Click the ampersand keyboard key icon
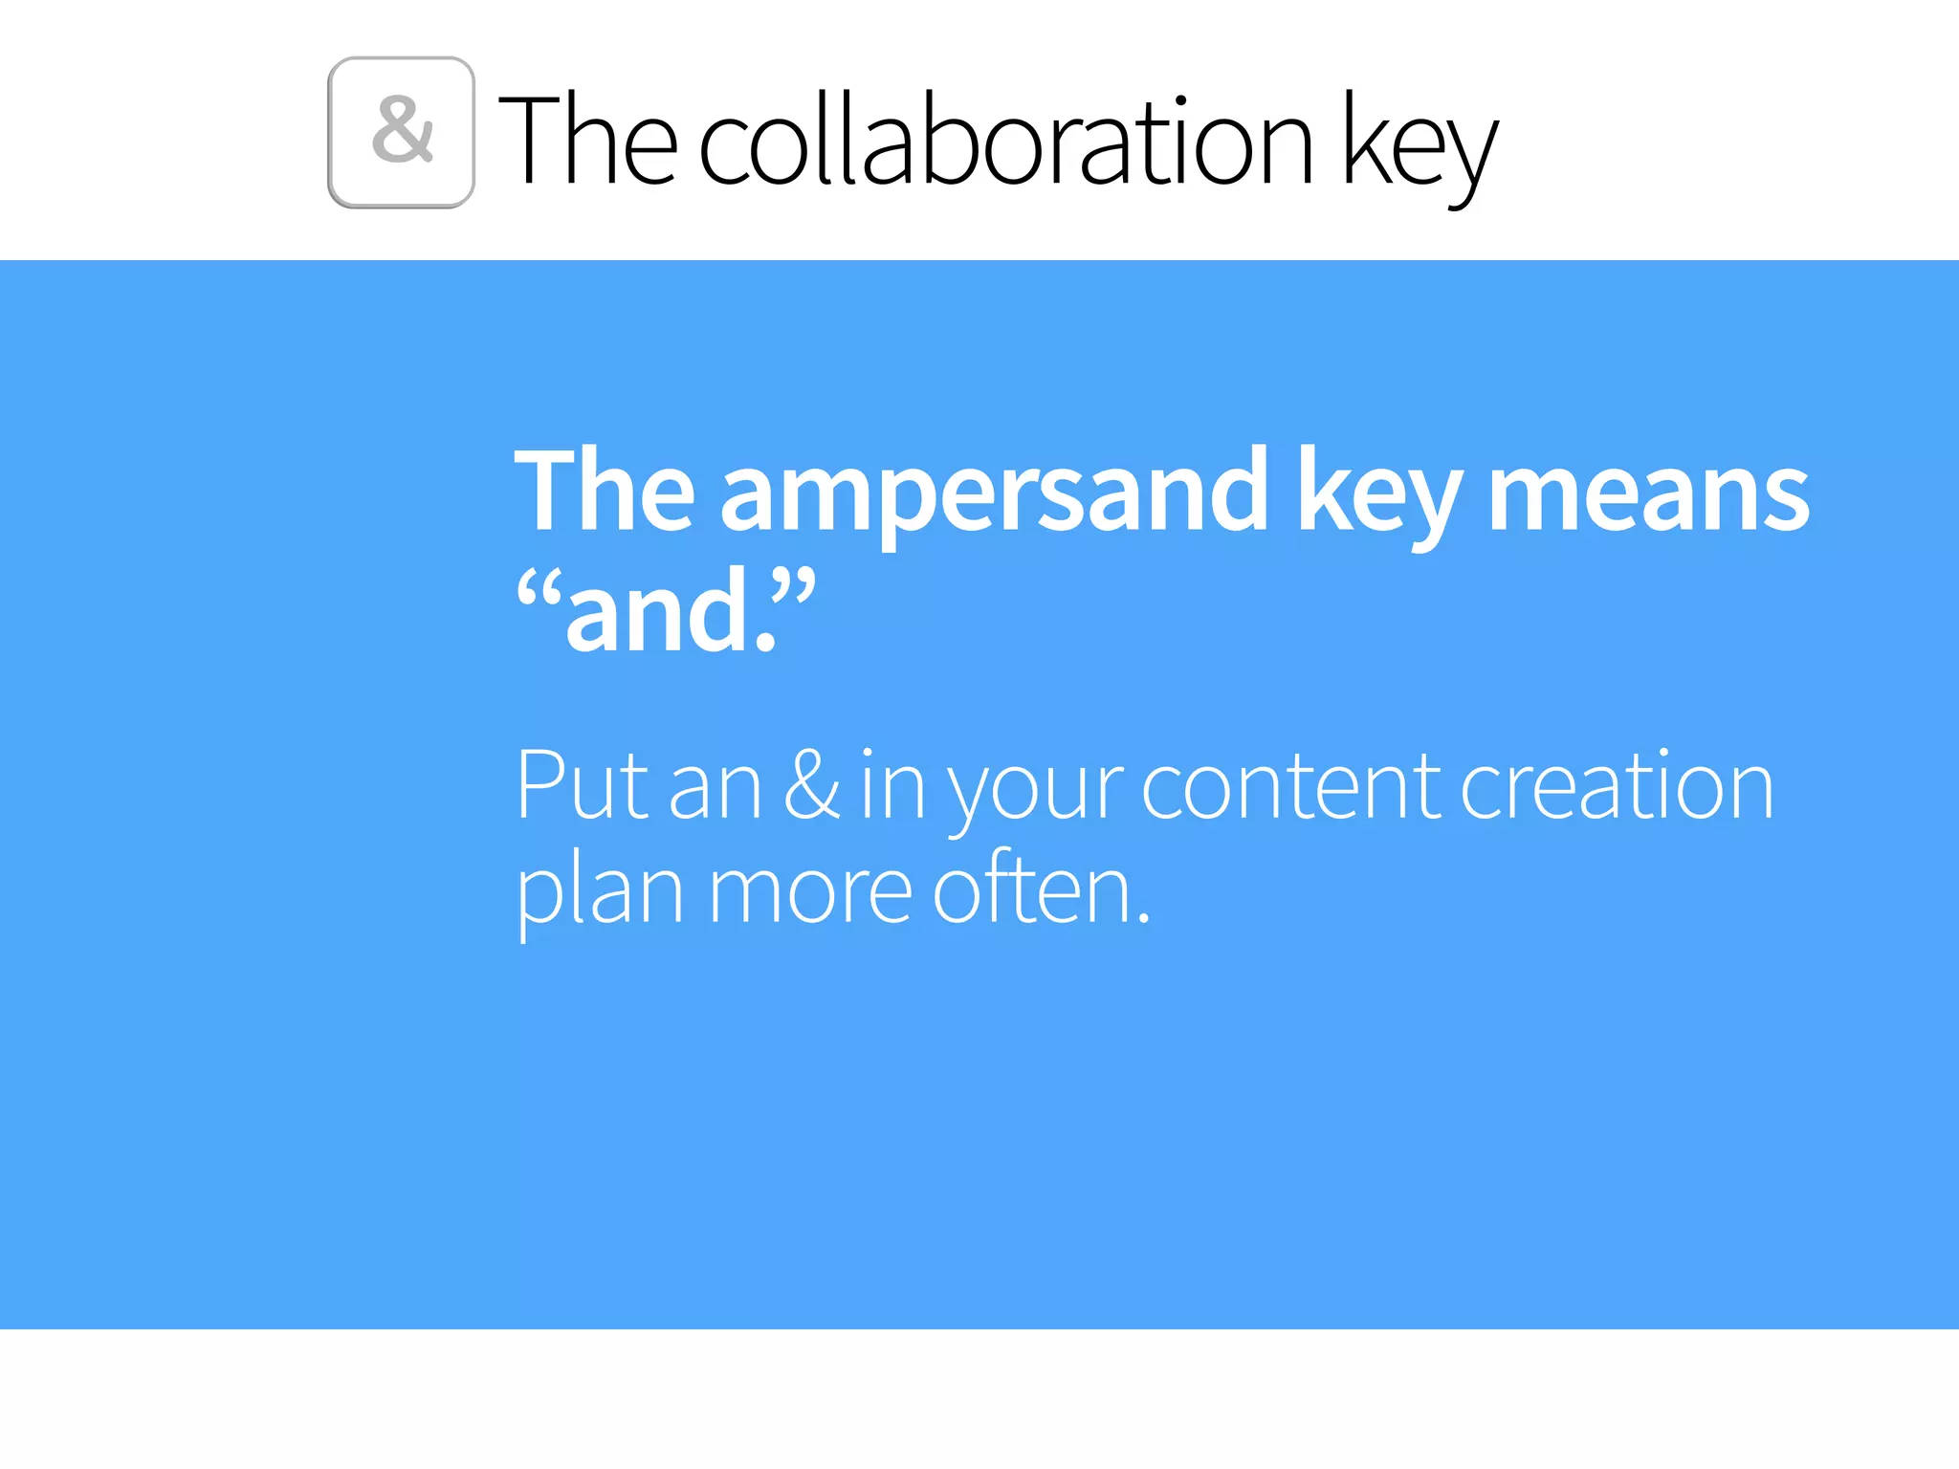click(401, 132)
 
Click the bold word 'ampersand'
click(994, 493)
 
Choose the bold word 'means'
click(1648, 493)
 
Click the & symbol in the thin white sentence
click(812, 786)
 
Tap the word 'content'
click(1291, 786)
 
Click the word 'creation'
click(1617, 786)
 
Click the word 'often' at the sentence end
click(1033, 889)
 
